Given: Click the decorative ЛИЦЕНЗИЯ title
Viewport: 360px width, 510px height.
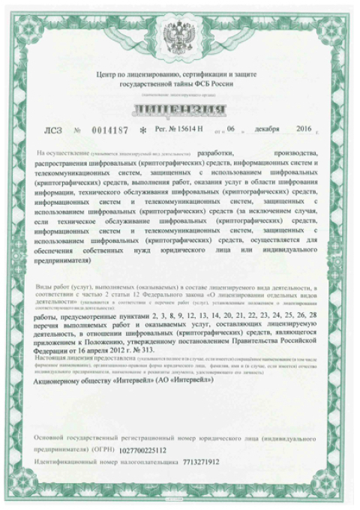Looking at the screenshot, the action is pos(179,112).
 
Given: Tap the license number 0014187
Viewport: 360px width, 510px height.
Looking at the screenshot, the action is pos(110,130).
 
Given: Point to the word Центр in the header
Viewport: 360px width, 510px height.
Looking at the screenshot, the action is pos(110,76).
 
